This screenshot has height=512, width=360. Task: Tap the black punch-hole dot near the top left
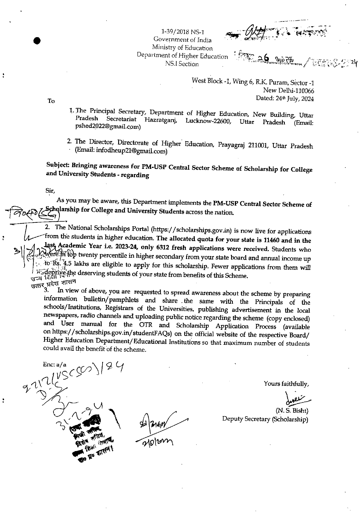pos(37,41)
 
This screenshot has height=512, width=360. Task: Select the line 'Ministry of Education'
pos(182,48)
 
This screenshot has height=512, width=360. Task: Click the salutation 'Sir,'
pos(50,191)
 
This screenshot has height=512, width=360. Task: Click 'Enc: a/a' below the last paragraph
pos(55,365)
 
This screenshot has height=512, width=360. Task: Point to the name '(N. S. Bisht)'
pos(291,410)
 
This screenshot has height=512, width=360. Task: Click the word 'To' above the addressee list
pos(51,101)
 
